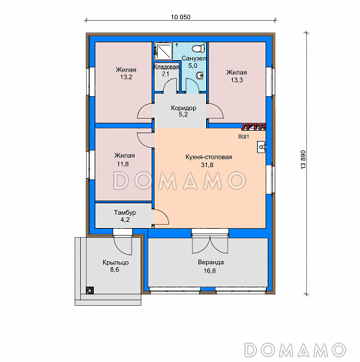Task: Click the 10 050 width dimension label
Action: click(181, 17)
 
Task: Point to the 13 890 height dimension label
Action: click(304, 159)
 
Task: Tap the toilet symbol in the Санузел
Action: click(199, 48)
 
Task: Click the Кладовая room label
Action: click(166, 67)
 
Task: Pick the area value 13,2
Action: click(126, 77)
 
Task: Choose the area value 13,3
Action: click(237, 80)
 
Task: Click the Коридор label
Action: click(184, 108)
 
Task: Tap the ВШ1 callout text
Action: click(244, 137)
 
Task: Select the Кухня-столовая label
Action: click(208, 157)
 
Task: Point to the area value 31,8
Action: click(207, 165)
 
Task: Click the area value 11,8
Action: click(123, 164)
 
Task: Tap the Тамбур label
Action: click(125, 213)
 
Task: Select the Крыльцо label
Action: click(115, 263)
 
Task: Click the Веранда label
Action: click(211, 263)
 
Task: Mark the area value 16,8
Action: click(210, 270)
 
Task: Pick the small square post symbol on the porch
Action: click(89, 290)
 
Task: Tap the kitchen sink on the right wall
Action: click(262, 147)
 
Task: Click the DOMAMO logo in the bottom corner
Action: click(295, 350)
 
